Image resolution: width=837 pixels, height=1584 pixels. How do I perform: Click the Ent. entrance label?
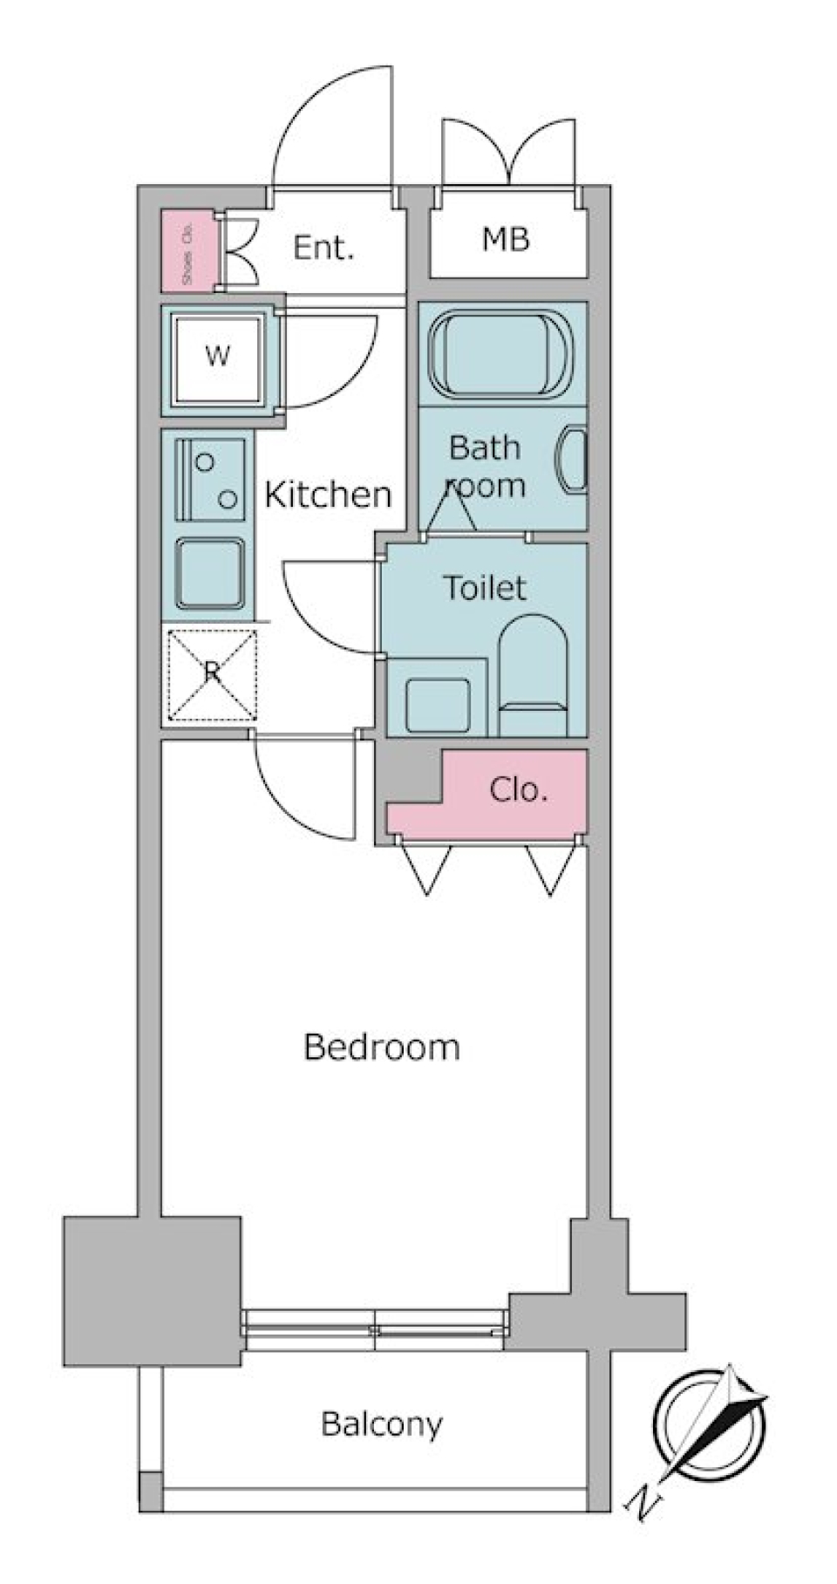coord(323,248)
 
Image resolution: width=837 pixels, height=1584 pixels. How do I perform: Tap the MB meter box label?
coord(506,239)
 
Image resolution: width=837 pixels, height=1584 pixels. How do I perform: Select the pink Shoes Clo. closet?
coord(187,252)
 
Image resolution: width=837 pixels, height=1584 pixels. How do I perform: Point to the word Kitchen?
coord(328,495)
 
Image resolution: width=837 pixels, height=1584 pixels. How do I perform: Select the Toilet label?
coord(484,588)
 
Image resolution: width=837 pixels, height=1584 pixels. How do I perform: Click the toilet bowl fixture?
coord(533,672)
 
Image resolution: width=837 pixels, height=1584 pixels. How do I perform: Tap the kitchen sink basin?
coord(209,573)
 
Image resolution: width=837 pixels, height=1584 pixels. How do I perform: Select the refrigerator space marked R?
coord(211,674)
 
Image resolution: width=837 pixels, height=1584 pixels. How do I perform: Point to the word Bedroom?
coord(381,1046)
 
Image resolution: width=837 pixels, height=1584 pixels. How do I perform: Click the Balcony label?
coord(381,1424)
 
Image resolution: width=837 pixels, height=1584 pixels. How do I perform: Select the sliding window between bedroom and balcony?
coord(375,1329)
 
